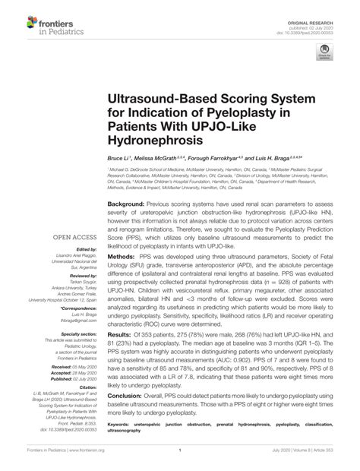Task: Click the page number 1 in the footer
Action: [x=180, y=461]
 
